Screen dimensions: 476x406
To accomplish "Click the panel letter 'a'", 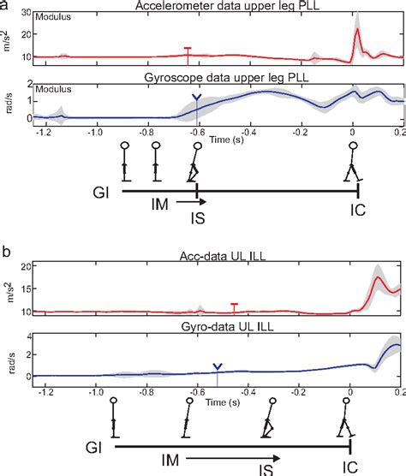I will (x=6, y=6).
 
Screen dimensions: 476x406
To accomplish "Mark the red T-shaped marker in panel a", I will (x=188, y=53).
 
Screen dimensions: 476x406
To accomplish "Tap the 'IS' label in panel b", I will (x=265, y=468).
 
